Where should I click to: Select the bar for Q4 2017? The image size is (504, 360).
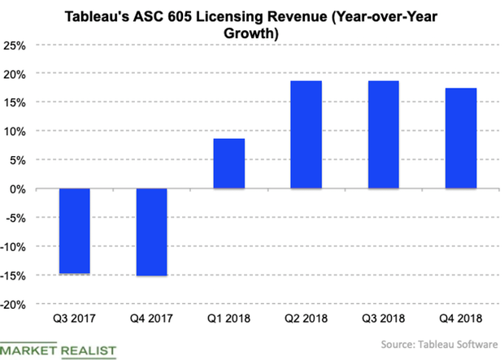[x=152, y=232]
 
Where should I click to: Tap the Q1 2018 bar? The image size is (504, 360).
[x=229, y=163]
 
